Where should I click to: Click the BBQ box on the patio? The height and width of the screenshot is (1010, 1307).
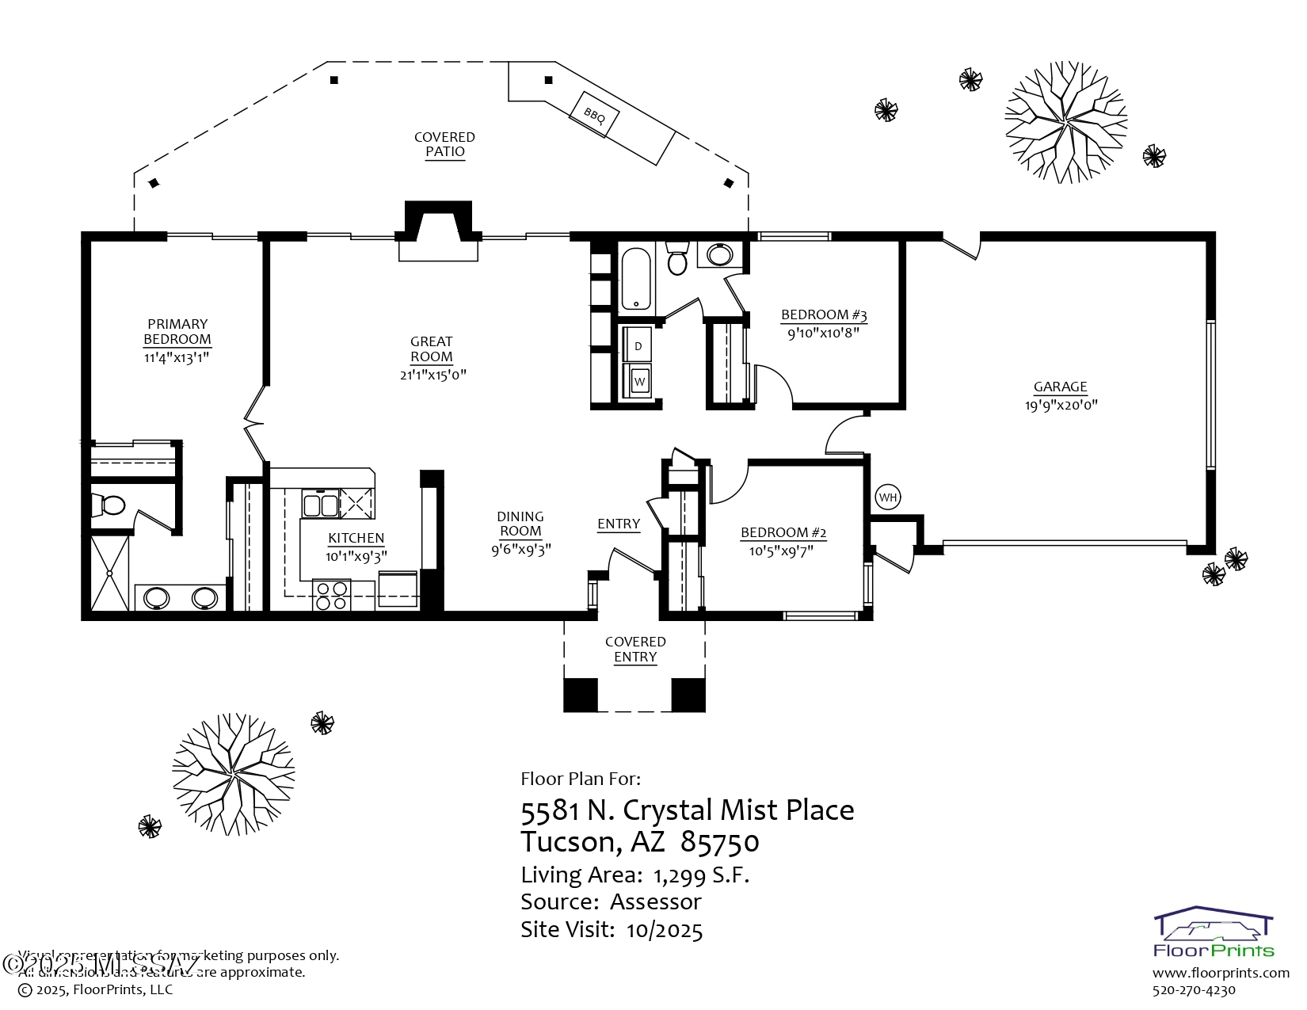click(x=594, y=115)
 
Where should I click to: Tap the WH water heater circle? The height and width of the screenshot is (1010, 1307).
click(x=888, y=497)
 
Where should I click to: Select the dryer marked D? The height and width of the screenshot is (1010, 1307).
click(x=638, y=346)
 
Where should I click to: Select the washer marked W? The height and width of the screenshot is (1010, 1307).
click(x=639, y=382)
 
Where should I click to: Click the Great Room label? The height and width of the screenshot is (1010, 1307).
click(x=432, y=349)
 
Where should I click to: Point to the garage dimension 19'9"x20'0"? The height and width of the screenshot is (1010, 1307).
click(x=1061, y=405)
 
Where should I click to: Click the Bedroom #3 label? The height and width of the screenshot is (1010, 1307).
click(x=824, y=314)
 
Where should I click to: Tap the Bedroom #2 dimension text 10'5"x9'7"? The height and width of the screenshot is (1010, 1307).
click(x=782, y=551)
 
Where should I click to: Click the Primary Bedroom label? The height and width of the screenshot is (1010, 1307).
click(x=177, y=331)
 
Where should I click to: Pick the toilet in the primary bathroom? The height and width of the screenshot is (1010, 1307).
click(x=109, y=505)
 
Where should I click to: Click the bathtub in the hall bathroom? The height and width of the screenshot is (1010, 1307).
click(x=635, y=279)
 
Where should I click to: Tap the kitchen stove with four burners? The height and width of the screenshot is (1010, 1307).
click(x=333, y=595)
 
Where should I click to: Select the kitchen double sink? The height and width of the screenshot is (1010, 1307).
click(x=320, y=505)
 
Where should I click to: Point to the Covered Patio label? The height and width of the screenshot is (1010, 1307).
click(x=444, y=144)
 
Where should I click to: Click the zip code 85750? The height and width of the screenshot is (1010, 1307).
click(x=719, y=842)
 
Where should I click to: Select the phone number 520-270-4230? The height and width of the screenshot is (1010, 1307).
click(x=1194, y=990)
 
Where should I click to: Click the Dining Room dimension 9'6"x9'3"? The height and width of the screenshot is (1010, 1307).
click(x=520, y=549)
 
